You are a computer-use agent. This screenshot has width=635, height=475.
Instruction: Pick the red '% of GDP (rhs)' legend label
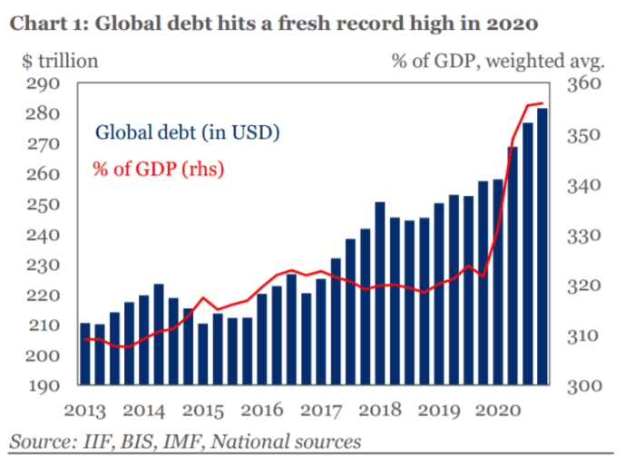point(158,169)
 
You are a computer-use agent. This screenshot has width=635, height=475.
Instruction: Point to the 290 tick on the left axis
point(42,84)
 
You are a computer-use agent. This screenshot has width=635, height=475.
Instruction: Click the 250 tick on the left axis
point(42,205)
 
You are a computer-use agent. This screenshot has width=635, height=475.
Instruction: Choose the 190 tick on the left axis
point(42,385)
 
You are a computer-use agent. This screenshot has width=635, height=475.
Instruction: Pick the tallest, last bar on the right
point(542,245)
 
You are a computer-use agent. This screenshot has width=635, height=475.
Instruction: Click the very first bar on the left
point(85,354)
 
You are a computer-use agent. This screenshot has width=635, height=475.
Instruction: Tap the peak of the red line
point(542,103)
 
